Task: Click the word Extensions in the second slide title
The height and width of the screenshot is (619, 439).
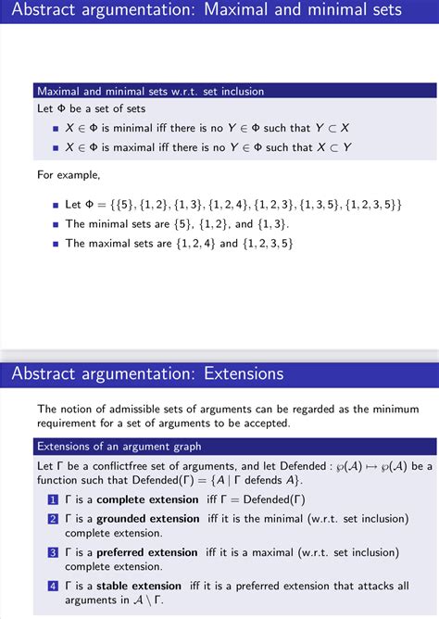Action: (239, 374)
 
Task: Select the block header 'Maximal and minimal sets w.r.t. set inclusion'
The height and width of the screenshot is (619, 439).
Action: (150, 92)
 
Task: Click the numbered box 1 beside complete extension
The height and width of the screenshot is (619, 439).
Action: (53, 499)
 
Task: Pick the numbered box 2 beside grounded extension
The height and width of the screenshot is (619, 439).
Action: (53, 519)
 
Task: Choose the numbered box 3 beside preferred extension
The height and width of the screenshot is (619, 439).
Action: (53, 552)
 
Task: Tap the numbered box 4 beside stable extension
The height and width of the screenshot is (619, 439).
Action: (53, 586)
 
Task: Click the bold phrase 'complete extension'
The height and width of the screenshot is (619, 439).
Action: (148, 499)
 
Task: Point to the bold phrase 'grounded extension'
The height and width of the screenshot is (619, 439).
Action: (150, 519)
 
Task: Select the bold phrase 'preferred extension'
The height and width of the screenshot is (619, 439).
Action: (147, 552)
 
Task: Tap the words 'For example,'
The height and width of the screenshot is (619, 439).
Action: (68, 173)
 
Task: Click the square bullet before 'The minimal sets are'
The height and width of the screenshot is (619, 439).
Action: (56, 224)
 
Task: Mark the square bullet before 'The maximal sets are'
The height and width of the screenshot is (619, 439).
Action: (56, 244)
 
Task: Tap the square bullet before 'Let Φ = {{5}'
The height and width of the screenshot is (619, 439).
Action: (56, 204)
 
